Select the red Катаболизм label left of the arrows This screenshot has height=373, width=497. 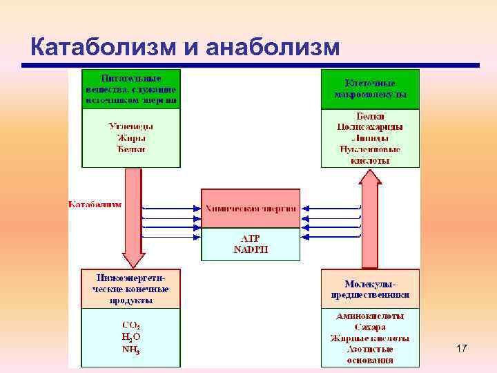pos(95,204)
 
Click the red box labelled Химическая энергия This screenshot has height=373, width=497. pos(251,208)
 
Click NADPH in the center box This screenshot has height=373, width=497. pos(251,249)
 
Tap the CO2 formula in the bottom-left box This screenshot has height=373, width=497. pos(131,325)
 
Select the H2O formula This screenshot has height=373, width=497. pos(131,336)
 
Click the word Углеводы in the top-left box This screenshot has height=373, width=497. pos(131,126)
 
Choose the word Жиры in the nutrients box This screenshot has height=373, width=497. pos(131,137)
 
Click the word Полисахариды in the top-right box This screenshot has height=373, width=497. pos(370,127)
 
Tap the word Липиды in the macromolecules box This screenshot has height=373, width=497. pos(370,138)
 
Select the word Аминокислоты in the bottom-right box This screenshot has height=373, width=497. pos(370,316)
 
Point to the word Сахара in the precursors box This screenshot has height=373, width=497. pos(370,327)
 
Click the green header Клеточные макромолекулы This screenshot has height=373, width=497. pos(370,89)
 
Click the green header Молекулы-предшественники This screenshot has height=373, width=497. pos(370,289)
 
